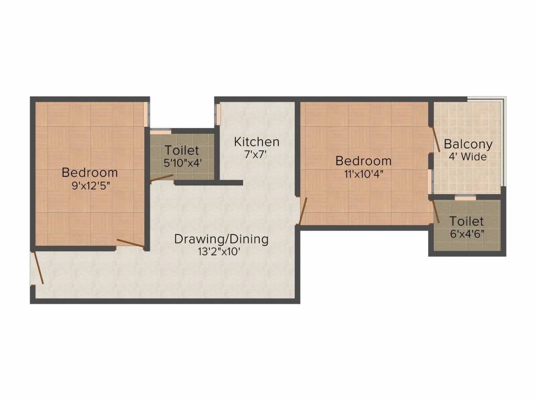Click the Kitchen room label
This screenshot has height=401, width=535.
pyautogui.click(x=257, y=141)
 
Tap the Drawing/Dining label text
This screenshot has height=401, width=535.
pyautogui.click(x=221, y=239)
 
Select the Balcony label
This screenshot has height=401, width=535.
pyautogui.click(x=468, y=144)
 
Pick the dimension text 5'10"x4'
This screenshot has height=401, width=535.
pyautogui.click(x=182, y=163)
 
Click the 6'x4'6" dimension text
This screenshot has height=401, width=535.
pyautogui.click(x=467, y=233)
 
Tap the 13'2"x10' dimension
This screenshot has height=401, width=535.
pyautogui.click(x=221, y=251)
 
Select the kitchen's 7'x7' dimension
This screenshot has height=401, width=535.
pyautogui.click(x=255, y=154)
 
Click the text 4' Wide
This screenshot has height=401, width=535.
pyautogui.click(x=467, y=157)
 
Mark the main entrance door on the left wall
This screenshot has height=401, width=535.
pyautogui.click(x=38, y=268)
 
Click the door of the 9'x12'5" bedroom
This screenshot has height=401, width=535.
pyautogui.click(x=130, y=243)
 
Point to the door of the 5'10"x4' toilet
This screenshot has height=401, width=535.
pyautogui.click(x=161, y=178)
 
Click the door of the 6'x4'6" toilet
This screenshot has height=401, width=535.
pyautogui.click(x=435, y=211)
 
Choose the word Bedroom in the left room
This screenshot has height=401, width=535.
pyautogui.click(x=90, y=172)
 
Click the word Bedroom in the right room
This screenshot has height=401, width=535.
pyautogui.click(x=364, y=160)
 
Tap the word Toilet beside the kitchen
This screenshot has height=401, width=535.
pyautogui.click(x=182, y=151)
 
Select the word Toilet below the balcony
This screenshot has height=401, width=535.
pyautogui.click(x=467, y=221)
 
